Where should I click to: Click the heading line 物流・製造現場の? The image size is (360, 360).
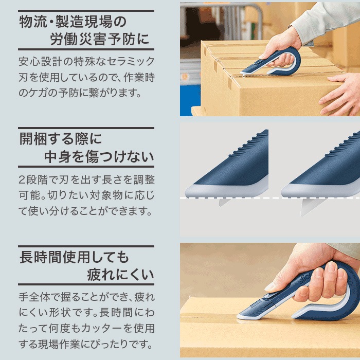(72, 22)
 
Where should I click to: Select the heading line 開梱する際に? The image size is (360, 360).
(61, 138)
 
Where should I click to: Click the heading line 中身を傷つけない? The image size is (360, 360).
(95, 156)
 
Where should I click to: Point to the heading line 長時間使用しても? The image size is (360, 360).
(74, 256)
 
